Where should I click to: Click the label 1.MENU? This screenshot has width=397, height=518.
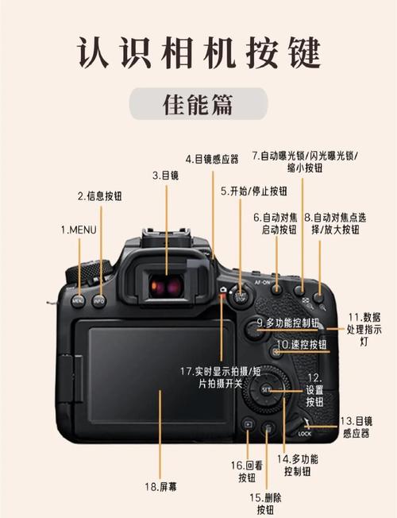(x=77, y=229)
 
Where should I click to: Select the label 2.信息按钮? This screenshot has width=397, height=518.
(x=99, y=195)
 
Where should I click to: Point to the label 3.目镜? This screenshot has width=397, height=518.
(x=165, y=175)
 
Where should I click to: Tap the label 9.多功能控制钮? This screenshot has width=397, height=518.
(x=287, y=323)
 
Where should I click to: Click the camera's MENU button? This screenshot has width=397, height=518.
(x=78, y=300)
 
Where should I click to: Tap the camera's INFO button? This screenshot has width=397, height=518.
(x=99, y=300)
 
